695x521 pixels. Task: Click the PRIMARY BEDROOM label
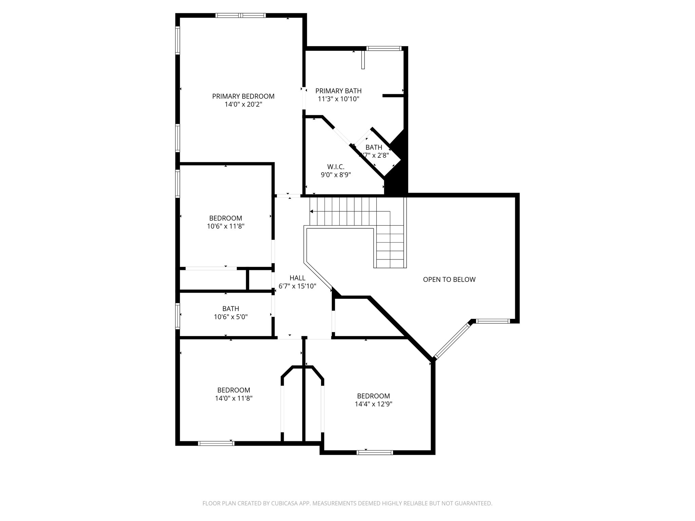point(243,96)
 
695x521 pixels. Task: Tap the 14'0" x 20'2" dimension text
point(243,104)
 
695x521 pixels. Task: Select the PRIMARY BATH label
point(338,91)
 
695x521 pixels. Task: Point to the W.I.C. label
point(336,167)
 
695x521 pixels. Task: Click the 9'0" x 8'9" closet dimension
point(336,175)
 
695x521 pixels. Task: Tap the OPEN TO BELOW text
point(449,279)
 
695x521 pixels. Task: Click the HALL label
point(297,278)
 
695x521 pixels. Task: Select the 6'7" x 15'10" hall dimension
point(297,286)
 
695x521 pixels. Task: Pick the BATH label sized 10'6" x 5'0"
point(230,309)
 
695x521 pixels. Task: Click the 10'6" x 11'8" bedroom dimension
point(226,226)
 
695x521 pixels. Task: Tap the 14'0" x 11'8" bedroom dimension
point(233,398)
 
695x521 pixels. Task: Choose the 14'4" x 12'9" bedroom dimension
point(373,404)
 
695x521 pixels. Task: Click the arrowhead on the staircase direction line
point(311,212)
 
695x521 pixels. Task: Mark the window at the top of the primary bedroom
point(241,15)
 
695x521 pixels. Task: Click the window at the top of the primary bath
point(384,49)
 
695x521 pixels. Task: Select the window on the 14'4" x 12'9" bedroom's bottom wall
point(375,452)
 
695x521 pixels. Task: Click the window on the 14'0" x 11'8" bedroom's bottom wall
point(216,443)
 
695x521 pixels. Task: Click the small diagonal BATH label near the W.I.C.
point(374,148)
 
